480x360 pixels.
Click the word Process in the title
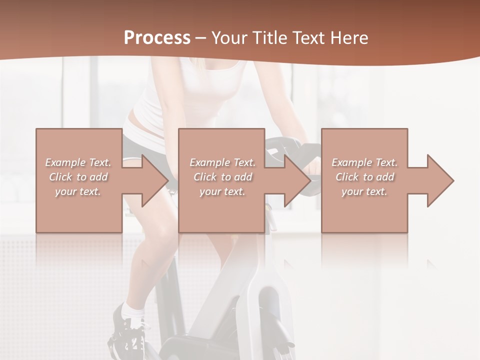point(157,38)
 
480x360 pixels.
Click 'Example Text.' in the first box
point(78,162)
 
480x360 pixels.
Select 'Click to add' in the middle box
point(222,177)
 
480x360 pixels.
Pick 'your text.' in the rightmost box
point(364,191)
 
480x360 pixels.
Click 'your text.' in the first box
point(78,191)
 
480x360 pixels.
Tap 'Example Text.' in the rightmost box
point(364,162)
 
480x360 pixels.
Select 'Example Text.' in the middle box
point(222,162)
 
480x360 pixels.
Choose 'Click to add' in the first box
point(78,177)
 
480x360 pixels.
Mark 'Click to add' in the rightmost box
point(364,177)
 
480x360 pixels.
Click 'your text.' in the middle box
point(222,191)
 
